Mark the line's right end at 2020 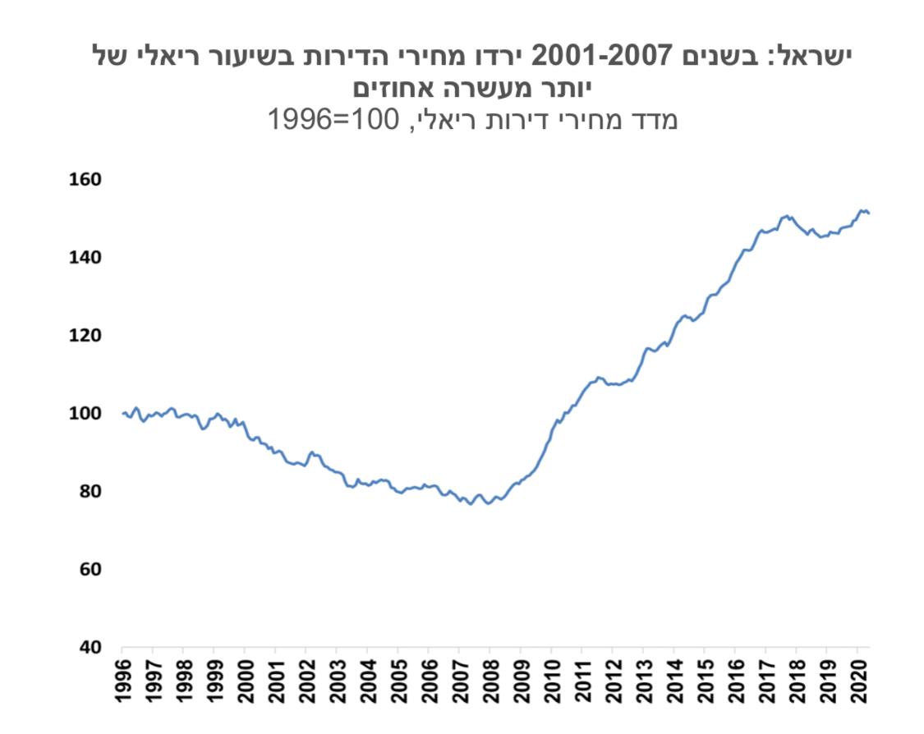coord(869,213)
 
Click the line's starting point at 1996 coord(122,413)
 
